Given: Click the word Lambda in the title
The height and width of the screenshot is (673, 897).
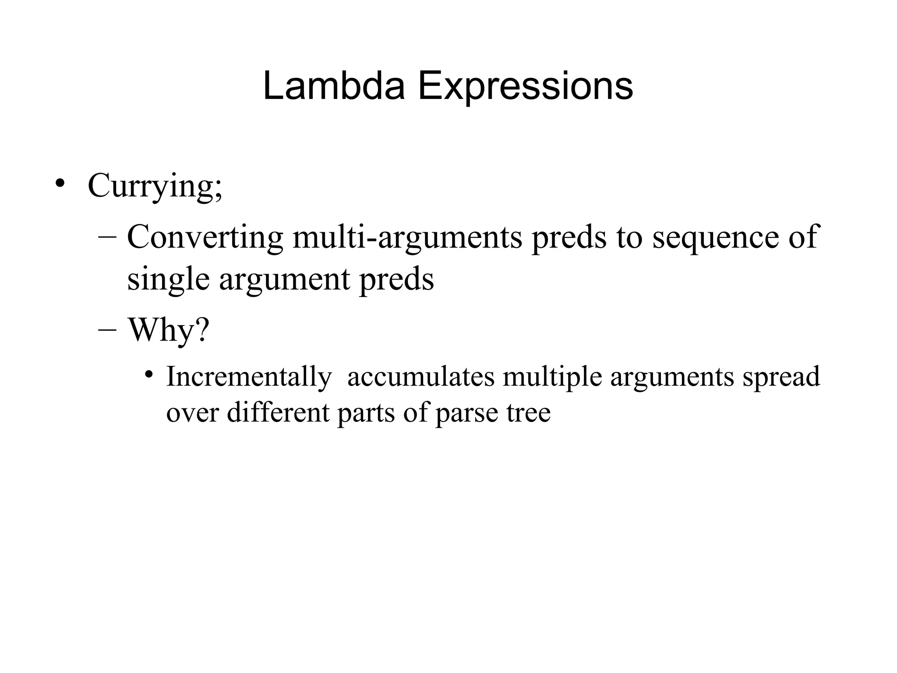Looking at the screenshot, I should pos(333,86).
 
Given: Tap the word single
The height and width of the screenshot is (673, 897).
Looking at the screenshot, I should pos(168,280).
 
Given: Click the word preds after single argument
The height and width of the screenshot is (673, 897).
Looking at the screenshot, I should pos(396,280).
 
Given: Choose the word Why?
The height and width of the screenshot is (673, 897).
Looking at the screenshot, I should pos(169,329).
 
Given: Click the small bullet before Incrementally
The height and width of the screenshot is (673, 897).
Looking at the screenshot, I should pos(149,375).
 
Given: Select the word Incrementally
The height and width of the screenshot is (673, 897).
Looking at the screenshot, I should pos(249,376).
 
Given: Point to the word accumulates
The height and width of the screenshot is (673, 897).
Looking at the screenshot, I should pos(420,376).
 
